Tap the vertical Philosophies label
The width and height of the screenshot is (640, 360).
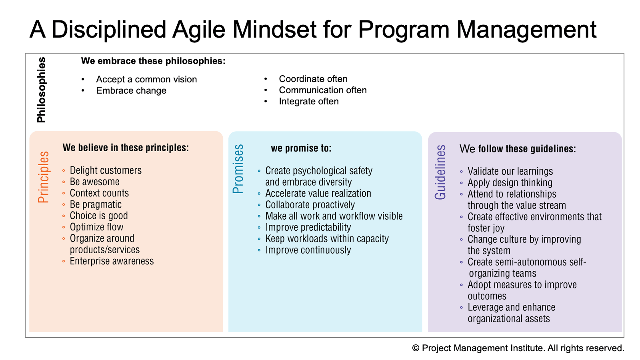pyautogui.click(x=42, y=90)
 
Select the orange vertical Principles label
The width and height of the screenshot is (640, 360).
pyautogui.click(x=44, y=177)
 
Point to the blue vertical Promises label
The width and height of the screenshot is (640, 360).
pyautogui.click(x=238, y=169)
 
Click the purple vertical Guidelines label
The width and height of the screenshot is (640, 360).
pyautogui.click(x=440, y=172)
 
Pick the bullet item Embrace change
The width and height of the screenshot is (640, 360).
pyautogui.click(x=131, y=90)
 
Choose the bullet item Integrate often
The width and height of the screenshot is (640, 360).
pyautogui.click(x=309, y=102)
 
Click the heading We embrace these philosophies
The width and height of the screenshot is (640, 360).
pyautogui.click(x=153, y=61)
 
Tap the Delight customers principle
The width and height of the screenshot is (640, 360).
pyautogui.click(x=106, y=170)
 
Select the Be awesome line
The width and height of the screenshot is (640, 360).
pyautogui.click(x=94, y=182)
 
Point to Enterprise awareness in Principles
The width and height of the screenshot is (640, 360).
pyautogui.click(x=112, y=261)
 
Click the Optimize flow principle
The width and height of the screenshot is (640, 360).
pyautogui.click(x=96, y=227)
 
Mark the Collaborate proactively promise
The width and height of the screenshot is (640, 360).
pyautogui.click(x=310, y=205)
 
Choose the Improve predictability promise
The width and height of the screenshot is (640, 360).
pyautogui.click(x=308, y=228)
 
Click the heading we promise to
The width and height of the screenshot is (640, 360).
pyautogui.click(x=301, y=148)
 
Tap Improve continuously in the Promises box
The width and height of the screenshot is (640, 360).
pyautogui.click(x=308, y=250)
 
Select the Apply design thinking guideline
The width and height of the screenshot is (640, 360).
pyautogui.click(x=510, y=183)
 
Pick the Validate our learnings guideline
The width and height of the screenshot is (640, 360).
pyautogui.click(x=510, y=172)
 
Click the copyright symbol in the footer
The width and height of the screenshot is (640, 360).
pyautogui.click(x=416, y=348)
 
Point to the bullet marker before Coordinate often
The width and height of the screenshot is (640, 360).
pyautogui.click(x=266, y=78)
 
